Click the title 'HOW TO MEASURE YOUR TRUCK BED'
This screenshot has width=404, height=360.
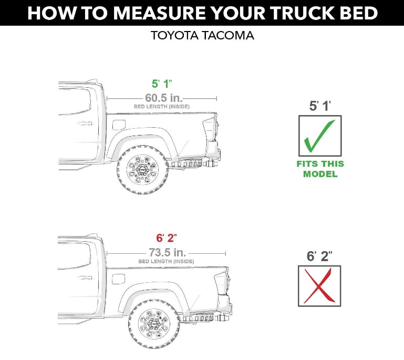coord(202,13)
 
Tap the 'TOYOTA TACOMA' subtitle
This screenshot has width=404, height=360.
coord(202,36)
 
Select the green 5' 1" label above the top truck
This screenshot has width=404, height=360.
coord(162,84)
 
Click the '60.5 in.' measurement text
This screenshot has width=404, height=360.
coord(162,98)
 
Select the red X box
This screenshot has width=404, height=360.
coord(319,285)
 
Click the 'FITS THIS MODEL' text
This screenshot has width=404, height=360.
coord(320,169)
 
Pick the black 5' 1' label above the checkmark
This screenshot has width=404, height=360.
coord(320,106)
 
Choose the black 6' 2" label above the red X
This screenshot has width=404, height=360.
coord(319,256)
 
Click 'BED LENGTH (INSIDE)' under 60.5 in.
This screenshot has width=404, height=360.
coord(162,107)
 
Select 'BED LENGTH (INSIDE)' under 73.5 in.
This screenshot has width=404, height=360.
coord(166,261)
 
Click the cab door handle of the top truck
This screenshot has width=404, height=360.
coord(84,125)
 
